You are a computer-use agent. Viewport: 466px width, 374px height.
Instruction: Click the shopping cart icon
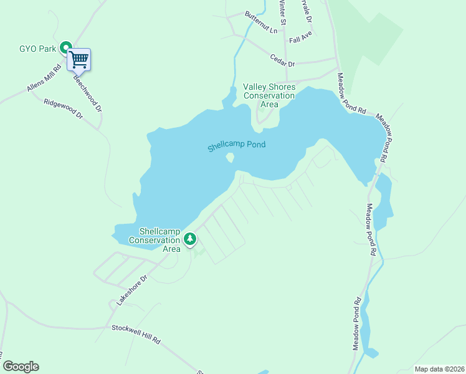coord(79,60)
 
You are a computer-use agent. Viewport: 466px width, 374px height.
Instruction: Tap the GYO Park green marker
coord(65,48)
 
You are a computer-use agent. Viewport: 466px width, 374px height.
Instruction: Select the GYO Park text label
coord(37,48)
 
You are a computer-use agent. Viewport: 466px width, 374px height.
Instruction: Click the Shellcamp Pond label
coord(237,146)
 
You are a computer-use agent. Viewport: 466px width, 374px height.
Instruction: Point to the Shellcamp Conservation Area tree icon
coord(190,239)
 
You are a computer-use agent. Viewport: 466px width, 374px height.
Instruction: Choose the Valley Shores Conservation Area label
coord(269,95)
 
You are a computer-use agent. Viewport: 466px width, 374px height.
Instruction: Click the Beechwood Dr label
coord(87,94)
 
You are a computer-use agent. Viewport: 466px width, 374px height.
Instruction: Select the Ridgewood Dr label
coord(63,107)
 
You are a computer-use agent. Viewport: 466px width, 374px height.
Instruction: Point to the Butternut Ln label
coord(260,22)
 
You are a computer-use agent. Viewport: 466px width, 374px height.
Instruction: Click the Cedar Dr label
coord(282,60)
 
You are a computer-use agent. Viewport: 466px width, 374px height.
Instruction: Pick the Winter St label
coord(283,12)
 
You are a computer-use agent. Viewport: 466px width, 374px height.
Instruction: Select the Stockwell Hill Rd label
coord(136,335)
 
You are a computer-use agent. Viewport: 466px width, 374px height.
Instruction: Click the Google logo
coord(21,367)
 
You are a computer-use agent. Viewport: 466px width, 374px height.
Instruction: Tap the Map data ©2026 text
coord(439,369)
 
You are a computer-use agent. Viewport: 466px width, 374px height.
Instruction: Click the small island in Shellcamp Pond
coord(231,158)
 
